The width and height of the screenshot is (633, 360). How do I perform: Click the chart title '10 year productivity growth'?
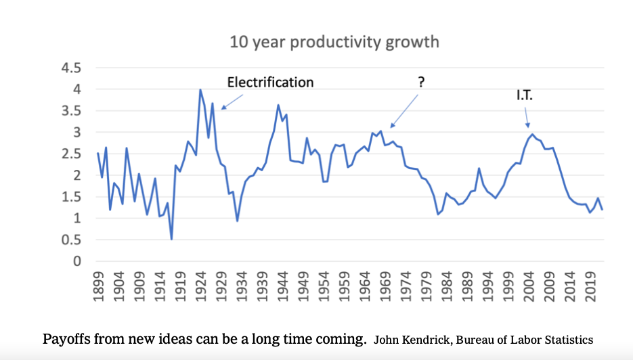[334, 42]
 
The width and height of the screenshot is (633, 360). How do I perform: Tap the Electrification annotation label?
[270, 83]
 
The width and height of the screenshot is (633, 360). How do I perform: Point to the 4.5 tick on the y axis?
[72, 68]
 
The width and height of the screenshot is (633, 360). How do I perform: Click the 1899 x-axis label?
[98, 286]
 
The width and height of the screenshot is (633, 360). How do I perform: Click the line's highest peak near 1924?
[200, 90]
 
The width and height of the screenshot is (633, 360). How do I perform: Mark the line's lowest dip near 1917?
[171, 239]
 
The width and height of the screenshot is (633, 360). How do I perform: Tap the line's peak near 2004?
[532, 135]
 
